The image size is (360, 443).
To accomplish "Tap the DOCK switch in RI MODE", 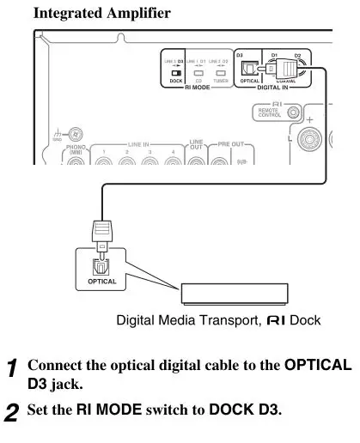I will coord(174,75).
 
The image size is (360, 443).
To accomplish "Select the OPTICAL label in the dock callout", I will coord(101,282).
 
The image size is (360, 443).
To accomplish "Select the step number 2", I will coord(10,411).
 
